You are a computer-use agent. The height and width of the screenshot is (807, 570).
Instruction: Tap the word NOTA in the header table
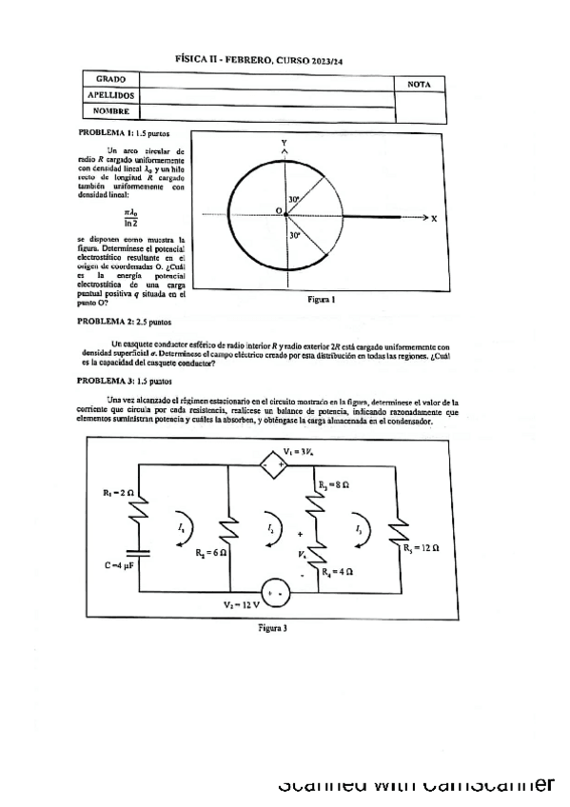click(x=420, y=85)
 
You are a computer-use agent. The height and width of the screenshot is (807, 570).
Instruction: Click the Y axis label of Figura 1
click(x=284, y=142)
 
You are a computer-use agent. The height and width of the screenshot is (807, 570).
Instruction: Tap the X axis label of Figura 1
click(x=433, y=218)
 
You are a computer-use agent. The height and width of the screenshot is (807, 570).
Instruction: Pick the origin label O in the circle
click(x=279, y=209)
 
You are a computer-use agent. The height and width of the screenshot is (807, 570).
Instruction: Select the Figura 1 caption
click(x=322, y=299)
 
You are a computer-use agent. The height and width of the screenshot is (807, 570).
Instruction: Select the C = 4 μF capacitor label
click(x=123, y=565)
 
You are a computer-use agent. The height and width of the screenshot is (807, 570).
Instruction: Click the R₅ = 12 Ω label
click(x=420, y=548)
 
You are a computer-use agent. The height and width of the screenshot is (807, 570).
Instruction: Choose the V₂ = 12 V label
click(x=241, y=604)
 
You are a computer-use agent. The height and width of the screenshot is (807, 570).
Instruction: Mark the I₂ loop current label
click(x=271, y=527)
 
